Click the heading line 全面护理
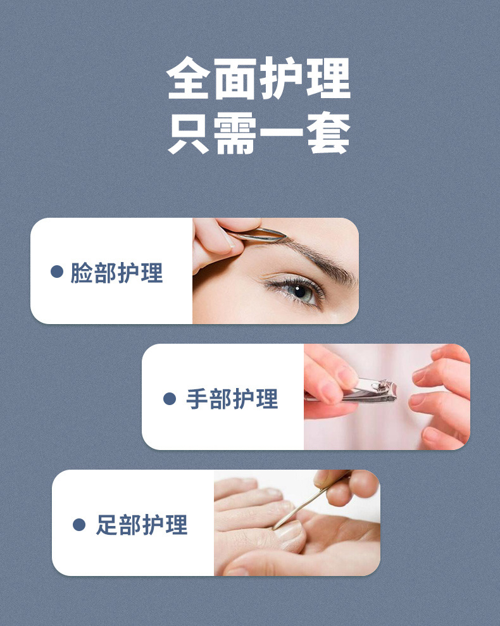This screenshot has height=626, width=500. tap(258, 78)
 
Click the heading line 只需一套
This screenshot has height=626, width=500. tap(258, 133)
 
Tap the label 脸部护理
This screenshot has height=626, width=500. tap(116, 273)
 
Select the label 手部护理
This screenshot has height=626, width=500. tap(232, 399)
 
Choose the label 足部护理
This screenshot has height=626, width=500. tap(142, 525)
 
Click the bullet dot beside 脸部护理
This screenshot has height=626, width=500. tap(57, 272)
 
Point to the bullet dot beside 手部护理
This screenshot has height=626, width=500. tap(170, 398)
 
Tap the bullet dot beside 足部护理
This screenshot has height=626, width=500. tap(79, 525)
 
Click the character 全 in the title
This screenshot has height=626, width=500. tap(188, 78)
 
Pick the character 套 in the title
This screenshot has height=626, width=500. tap(328, 133)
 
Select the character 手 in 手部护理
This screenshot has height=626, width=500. tap(197, 399)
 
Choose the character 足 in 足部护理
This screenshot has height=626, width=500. tap(107, 525)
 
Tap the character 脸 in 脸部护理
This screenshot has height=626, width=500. tap(82, 273)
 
